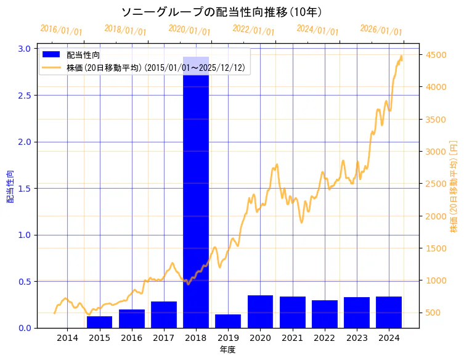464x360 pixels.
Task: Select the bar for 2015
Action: [100, 322]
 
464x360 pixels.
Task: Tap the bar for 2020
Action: [260, 311]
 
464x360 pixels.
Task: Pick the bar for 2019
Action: [228, 321]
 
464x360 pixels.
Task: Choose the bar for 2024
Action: [389, 312]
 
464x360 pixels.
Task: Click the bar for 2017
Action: [164, 314]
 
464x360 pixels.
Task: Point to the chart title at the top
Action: [221, 12]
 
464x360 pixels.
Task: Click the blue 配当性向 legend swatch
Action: [51, 55]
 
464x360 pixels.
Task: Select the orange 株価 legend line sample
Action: [51, 68]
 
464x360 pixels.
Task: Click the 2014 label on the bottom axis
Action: [68, 338]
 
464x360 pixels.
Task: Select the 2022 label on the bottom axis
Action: [325, 338]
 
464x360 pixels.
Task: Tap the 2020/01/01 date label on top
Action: [189, 30]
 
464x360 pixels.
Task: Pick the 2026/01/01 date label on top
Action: [381, 30]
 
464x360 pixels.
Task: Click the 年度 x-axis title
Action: [227, 350]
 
